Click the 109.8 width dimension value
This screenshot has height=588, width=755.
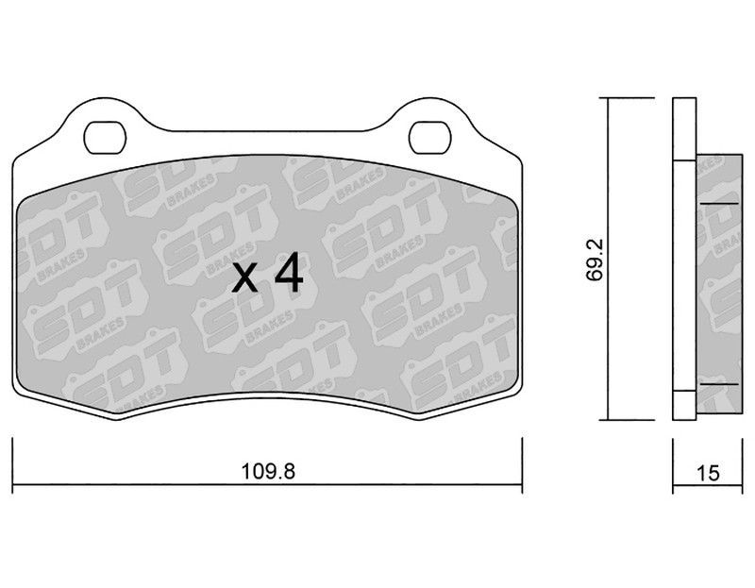(268, 471)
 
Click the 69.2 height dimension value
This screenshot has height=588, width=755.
(595, 260)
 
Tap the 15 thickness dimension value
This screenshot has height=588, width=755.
(708, 473)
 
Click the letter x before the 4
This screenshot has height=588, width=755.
(244, 280)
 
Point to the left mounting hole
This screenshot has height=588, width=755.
(105, 138)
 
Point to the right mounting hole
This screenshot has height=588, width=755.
(430, 138)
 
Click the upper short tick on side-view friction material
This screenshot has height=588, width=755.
(719, 204)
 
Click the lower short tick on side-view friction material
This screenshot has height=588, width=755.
(719, 384)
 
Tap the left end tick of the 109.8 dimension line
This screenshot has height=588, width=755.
(12, 465)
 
